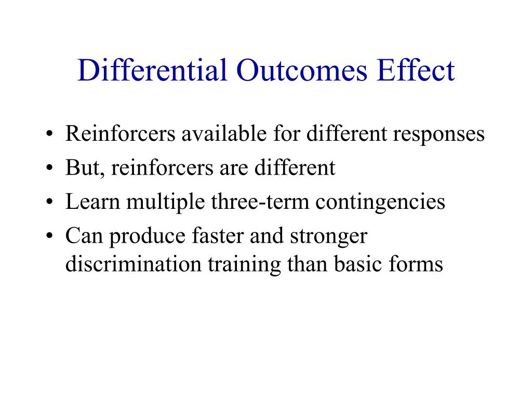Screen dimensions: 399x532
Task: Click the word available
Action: tap(225, 134)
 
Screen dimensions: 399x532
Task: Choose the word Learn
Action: tap(90, 202)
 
